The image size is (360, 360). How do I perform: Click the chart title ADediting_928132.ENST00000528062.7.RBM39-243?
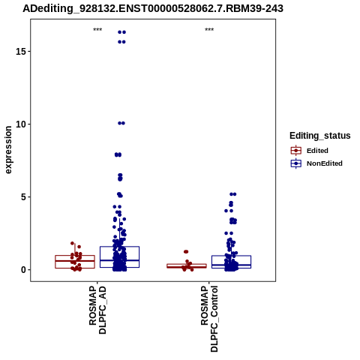click(x=153, y=8)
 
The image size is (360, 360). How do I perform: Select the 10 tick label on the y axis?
click(x=21, y=124)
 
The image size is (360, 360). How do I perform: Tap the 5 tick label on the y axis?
click(x=23, y=197)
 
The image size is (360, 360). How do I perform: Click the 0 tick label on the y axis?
click(x=23, y=270)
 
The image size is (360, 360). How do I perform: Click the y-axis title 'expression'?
click(x=8, y=150)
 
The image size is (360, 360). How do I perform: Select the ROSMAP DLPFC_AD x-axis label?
click(x=97, y=310)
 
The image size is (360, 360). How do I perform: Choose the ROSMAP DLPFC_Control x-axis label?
click(x=209, y=319)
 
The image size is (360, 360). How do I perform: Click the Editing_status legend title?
click(x=320, y=136)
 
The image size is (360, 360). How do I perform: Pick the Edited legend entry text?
click(x=317, y=151)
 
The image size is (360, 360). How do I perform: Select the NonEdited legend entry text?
click(x=325, y=163)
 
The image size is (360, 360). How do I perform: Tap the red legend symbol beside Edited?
click(x=296, y=151)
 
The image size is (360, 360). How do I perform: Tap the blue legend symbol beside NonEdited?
click(x=296, y=163)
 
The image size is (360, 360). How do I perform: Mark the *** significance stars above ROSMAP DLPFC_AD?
click(x=97, y=30)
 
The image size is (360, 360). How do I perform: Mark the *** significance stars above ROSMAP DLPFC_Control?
click(x=209, y=30)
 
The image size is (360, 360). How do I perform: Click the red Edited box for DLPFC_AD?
click(x=75, y=262)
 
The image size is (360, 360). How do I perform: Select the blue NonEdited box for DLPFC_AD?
click(x=119, y=257)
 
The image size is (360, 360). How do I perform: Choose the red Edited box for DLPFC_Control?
click(x=187, y=266)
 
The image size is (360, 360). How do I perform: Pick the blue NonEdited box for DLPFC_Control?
click(x=231, y=262)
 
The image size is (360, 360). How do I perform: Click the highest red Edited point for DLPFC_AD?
click(x=73, y=243)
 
